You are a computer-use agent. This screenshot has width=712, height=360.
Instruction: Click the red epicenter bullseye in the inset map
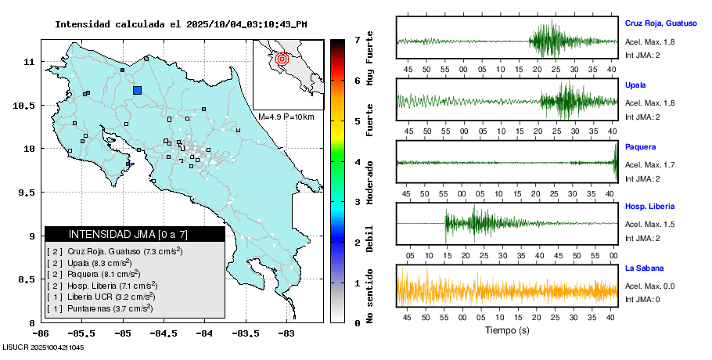(283, 59)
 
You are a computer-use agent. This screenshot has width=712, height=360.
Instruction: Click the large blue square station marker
(138, 90)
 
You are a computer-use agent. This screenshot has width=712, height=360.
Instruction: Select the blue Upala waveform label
(635, 85)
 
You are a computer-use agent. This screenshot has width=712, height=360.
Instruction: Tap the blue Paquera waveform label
(640, 147)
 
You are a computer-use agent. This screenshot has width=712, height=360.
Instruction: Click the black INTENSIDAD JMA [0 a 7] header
(135, 234)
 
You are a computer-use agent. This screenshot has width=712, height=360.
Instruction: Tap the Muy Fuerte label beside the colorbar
(370, 59)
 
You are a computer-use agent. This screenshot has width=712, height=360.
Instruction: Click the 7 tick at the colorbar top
(357, 39)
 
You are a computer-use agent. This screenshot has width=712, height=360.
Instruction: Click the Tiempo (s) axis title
(506, 330)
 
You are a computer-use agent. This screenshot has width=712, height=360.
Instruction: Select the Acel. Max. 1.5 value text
(649, 225)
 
